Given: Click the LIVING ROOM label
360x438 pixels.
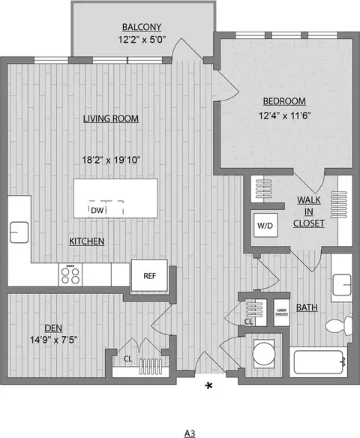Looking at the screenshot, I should pos(111,118).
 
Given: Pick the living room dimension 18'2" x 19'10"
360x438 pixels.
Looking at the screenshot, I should pos(112,159).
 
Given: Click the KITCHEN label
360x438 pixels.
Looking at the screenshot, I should pos(86,241).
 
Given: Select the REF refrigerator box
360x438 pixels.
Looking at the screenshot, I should pos(148,274).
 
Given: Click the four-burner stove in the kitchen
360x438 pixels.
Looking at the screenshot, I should pos(71,274).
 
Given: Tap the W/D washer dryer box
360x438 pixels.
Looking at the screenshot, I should pos(265,223).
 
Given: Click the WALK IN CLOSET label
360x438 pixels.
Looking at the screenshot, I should pos(309,211).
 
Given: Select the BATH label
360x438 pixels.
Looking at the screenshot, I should pos(306,307).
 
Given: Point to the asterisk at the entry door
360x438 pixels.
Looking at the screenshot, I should pos(208,386).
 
